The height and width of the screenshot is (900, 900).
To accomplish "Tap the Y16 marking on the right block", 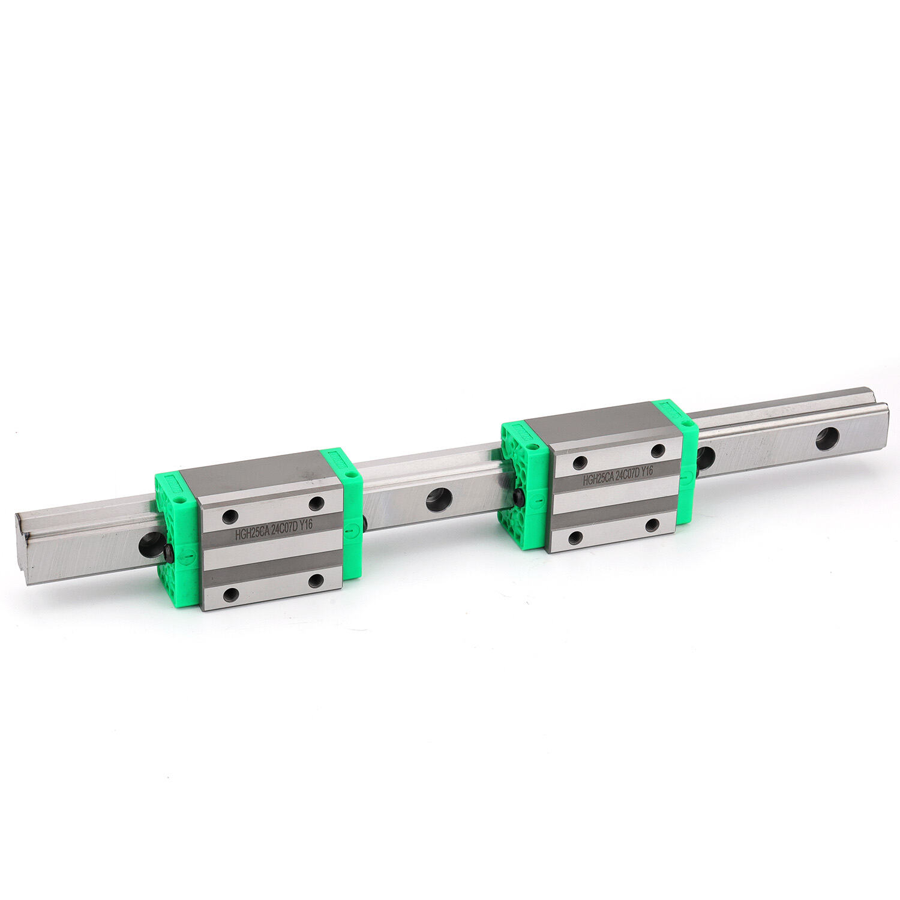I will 646,473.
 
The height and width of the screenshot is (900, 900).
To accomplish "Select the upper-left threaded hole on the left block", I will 229,515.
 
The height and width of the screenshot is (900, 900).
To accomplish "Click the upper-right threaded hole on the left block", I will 317,502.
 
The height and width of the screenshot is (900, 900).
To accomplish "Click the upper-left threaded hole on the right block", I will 580,462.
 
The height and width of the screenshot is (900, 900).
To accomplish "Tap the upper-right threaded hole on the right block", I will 658,451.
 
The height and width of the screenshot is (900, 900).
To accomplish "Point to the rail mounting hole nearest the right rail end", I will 827,439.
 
